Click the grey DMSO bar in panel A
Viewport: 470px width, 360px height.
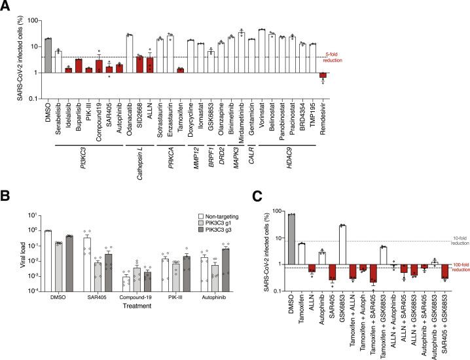click(48, 55)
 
